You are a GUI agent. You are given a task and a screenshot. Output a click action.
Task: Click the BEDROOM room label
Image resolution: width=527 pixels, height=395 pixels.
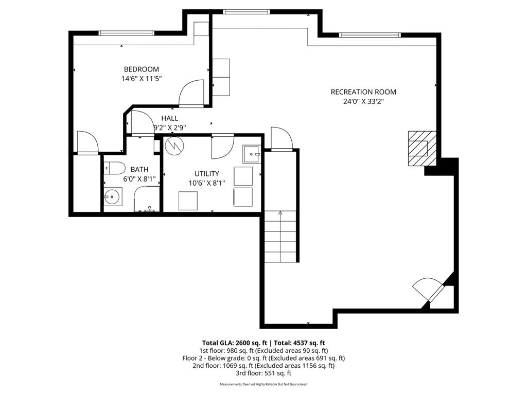click(141, 69)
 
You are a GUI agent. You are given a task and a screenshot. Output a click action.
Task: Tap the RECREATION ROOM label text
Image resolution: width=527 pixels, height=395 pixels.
click(363, 92)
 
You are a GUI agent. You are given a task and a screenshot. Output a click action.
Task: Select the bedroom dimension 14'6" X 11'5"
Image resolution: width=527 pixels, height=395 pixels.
click(141, 79)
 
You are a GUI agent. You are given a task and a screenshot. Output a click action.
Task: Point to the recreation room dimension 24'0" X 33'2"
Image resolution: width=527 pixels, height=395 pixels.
click(363, 102)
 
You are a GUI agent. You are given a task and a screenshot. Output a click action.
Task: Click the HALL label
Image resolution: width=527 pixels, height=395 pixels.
click(169, 118)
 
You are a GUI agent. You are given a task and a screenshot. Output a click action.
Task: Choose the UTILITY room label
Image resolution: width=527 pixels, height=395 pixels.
click(206, 174)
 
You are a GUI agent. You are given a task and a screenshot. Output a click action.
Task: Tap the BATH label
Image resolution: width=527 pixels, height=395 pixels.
click(139, 169)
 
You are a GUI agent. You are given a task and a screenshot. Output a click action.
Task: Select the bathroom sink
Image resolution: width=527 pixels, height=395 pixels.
click(112, 196)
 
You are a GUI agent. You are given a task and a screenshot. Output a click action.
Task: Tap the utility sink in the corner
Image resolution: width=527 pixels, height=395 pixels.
click(252, 153)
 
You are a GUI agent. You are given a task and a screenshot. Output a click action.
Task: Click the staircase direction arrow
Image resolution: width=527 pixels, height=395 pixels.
click(280, 212)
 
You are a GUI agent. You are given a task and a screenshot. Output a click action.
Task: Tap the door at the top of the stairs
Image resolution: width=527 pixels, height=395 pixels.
click(282, 139)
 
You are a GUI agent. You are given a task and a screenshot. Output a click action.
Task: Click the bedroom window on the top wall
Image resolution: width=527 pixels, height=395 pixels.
click(127, 33)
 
